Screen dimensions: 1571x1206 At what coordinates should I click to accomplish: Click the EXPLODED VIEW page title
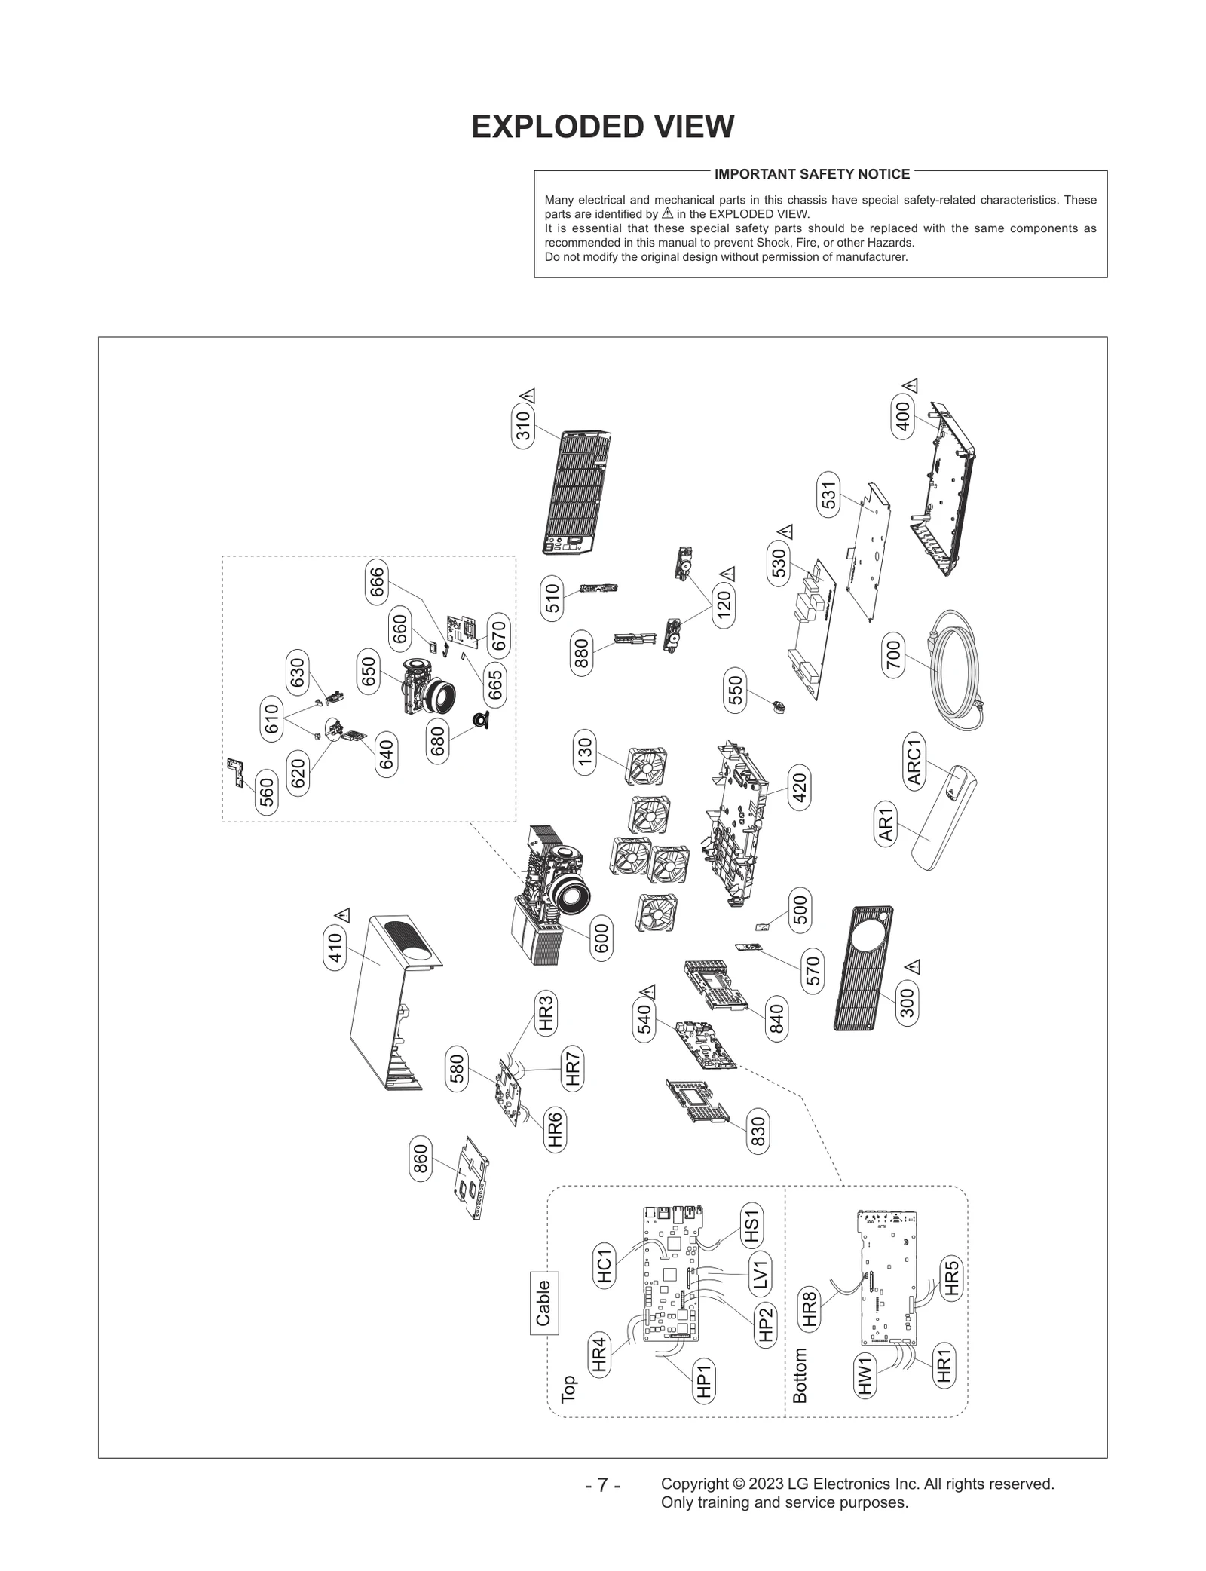point(602,127)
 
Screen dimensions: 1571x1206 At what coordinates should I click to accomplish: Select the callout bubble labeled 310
point(523,426)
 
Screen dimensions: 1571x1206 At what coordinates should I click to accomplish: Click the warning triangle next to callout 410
point(344,916)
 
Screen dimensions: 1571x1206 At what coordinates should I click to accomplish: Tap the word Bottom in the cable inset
point(800,1375)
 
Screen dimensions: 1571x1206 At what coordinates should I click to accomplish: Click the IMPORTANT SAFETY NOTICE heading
point(812,174)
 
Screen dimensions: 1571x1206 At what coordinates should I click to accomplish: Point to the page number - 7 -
point(602,1485)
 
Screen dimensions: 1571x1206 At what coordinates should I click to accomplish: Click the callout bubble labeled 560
point(266,792)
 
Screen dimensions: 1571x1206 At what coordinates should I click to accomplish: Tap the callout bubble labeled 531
point(829,495)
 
